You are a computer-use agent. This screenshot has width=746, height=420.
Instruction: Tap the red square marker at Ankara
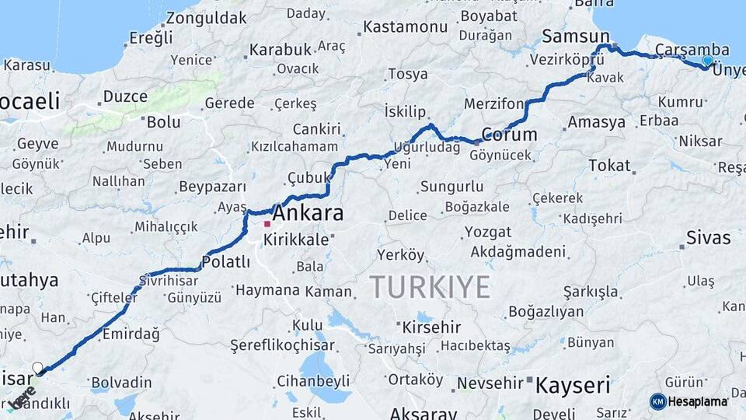[267, 224]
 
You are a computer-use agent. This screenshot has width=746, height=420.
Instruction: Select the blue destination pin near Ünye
[707, 61]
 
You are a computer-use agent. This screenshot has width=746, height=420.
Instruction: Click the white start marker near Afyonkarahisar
[37, 367]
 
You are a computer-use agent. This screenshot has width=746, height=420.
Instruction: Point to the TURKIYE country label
[430, 287]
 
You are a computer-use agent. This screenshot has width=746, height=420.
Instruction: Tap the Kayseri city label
[573, 383]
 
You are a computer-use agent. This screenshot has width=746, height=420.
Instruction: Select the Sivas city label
[708, 238]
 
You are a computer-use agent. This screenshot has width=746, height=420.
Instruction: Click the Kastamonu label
[406, 27]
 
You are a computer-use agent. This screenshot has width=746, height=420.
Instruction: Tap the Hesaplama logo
[689, 401]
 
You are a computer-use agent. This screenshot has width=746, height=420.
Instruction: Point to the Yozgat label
[488, 232]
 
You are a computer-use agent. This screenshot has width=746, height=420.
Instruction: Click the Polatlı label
[226, 261]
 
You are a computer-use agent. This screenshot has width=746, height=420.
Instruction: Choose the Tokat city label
[609, 166]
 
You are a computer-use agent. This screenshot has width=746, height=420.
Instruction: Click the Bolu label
[163, 121]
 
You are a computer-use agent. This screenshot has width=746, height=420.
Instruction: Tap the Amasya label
[596, 122]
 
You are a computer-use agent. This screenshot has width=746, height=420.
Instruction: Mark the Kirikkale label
[296, 240]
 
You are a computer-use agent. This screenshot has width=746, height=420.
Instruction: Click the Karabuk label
[280, 50]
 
